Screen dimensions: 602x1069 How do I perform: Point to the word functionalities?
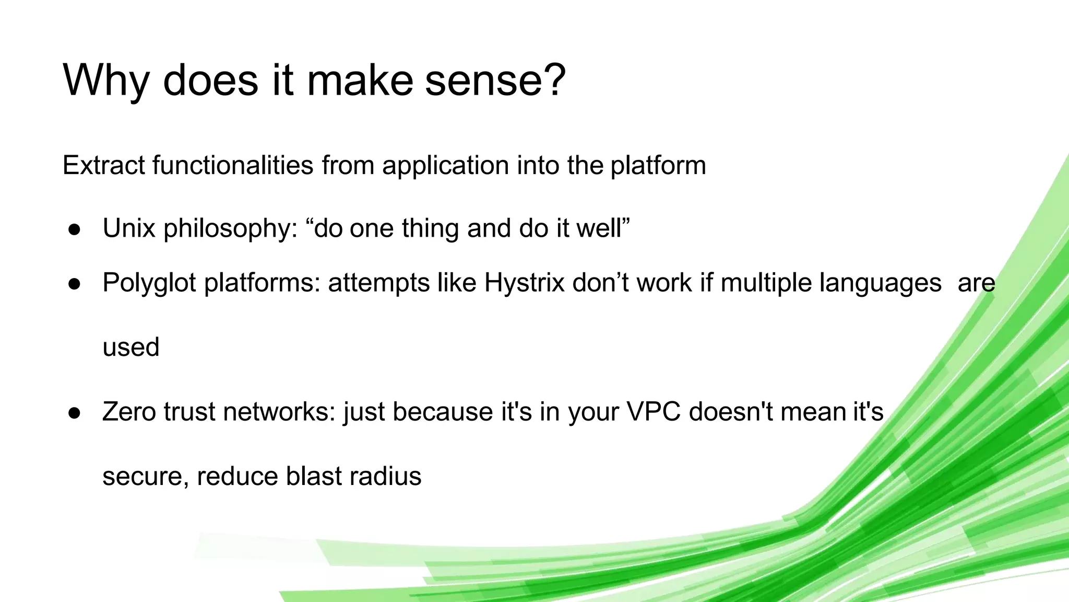(233, 165)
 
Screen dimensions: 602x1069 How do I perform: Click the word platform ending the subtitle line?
(658, 166)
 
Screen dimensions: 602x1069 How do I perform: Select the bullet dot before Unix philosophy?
(75, 229)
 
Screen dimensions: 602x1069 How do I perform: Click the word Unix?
(128, 228)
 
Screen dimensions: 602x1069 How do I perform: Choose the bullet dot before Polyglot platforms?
(75, 284)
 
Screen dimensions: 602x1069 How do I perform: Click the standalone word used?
(131, 348)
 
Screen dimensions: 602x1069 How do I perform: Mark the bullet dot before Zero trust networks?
(75, 413)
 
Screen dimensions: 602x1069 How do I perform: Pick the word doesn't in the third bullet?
(731, 411)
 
